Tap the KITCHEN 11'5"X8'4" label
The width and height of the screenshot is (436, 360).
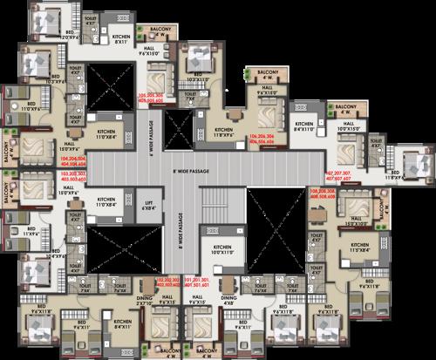click(364, 248)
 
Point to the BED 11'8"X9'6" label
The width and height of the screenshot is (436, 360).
click(397, 176)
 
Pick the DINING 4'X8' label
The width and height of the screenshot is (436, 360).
click(228, 301)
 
